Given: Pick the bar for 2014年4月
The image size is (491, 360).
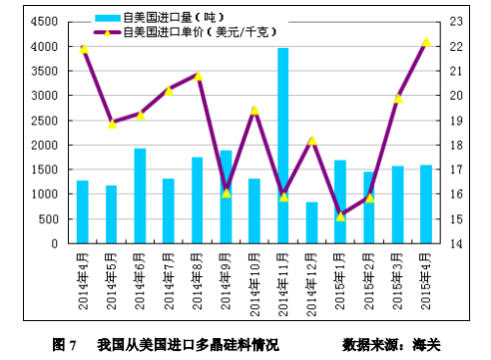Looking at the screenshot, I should pyautogui.click(x=83, y=211).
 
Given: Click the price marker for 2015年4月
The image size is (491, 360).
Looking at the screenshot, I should pyautogui.click(x=426, y=42).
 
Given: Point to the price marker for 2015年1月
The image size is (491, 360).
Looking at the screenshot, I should pyautogui.click(x=340, y=216).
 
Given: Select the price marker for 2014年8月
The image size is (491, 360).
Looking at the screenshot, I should pyautogui.click(x=198, y=76).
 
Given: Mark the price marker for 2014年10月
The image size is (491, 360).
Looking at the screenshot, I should pyautogui.click(x=254, y=110).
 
